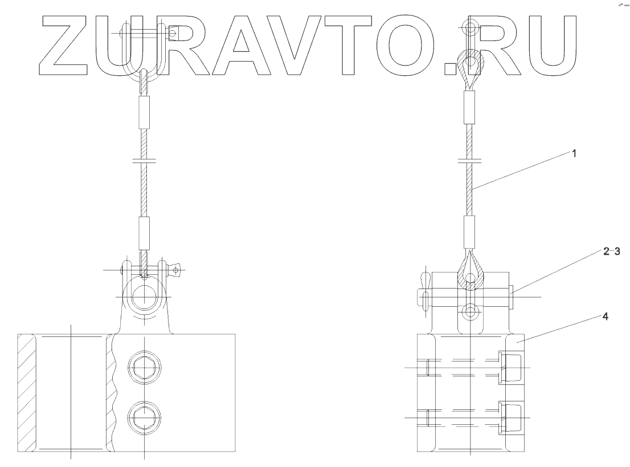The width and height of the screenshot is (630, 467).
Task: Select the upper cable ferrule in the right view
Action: coord(469,108)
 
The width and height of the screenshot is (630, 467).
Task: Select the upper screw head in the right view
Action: coord(510,367)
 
